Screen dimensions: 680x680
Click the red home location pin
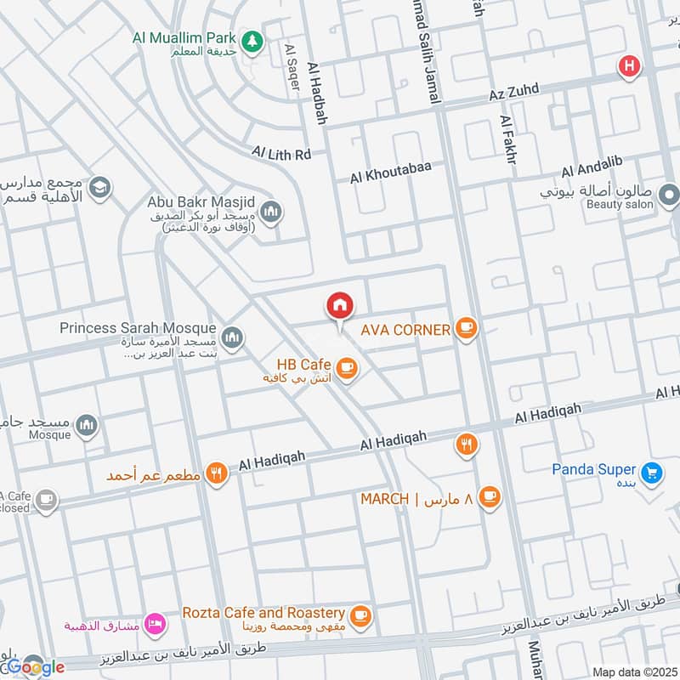coord(339,306)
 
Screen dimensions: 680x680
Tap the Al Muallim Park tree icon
coord(251,39)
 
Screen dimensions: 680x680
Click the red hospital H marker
coord(629,65)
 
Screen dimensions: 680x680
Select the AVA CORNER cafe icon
coord(465,329)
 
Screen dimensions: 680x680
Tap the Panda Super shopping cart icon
coord(652,472)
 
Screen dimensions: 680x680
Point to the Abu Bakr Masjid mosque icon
coord(271,212)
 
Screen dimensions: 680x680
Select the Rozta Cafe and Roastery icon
coord(361,615)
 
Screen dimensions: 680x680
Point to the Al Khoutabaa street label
coord(391,173)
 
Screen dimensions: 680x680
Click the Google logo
coord(36,667)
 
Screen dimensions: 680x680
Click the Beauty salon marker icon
coord(669,198)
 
